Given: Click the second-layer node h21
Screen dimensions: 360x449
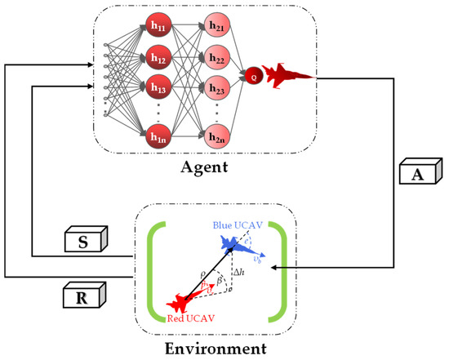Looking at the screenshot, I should coord(216,27).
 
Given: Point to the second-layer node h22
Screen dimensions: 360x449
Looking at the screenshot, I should coord(216,59).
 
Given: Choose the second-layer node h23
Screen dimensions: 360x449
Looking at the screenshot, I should coord(216,89).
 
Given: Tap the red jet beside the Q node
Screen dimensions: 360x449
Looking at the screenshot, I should coord(287,76).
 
